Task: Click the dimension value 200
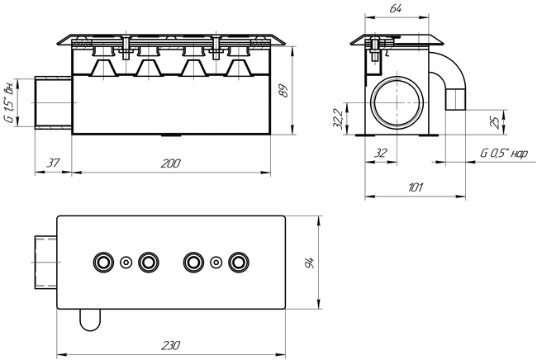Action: pos(170,163)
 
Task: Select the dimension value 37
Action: pos(53,163)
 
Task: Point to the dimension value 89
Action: pos(284,91)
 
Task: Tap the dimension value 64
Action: pos(396,8)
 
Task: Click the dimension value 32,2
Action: pos(338,118)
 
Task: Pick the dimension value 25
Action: pos(495,122)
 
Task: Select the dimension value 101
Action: pos(416,187)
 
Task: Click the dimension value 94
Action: pos(310,263)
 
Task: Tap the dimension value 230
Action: pos(170,346)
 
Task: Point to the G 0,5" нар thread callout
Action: pos(504,153)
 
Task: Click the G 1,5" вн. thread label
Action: pos(10,102)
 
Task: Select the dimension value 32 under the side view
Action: pos(381,153)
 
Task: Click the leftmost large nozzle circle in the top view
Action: pos(103,263)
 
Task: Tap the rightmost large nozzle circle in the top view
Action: pos(239,263)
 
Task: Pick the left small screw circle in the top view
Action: pos(126,263)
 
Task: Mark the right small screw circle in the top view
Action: pos(216,263)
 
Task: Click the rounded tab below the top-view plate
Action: pos(90,320)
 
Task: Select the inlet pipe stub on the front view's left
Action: pos(54,102)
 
